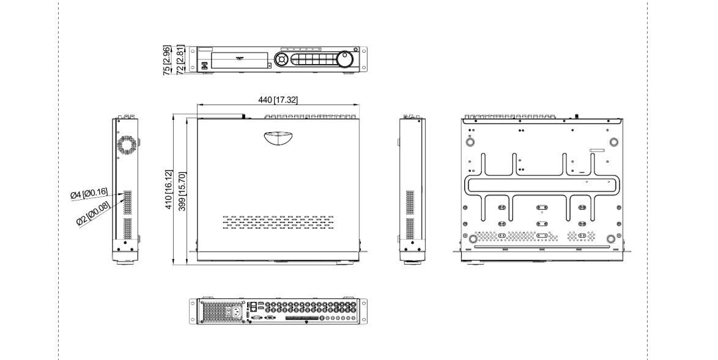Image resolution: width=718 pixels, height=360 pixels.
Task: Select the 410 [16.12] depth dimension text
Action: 169,189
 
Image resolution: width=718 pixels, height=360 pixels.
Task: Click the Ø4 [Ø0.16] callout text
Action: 89,194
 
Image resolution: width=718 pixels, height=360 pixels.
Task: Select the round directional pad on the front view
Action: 281,59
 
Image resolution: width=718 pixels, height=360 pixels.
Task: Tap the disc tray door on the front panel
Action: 239,61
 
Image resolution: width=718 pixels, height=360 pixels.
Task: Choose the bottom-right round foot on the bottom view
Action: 610,239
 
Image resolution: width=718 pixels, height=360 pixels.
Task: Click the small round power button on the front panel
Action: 357,50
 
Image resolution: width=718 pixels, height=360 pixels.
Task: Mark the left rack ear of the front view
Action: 192,59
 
